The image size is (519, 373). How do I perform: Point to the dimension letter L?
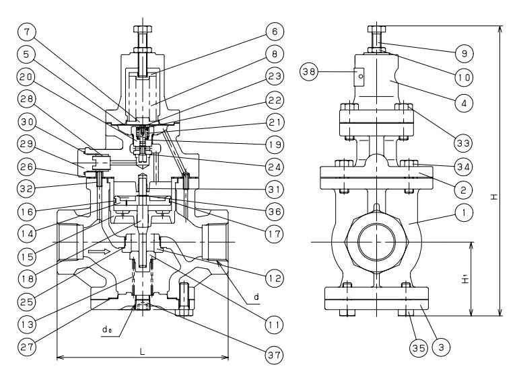143,351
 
